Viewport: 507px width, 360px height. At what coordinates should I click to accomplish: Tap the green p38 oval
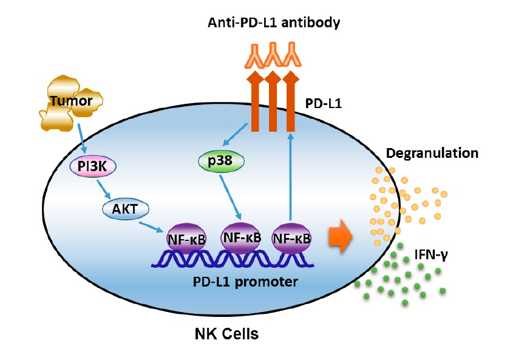point(220,161)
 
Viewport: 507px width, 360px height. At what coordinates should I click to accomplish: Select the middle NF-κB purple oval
point(241,237)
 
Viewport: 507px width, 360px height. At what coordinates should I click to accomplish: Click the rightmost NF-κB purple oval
point(292,238)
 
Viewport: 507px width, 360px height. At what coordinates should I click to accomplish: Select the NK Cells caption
point(228,333)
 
